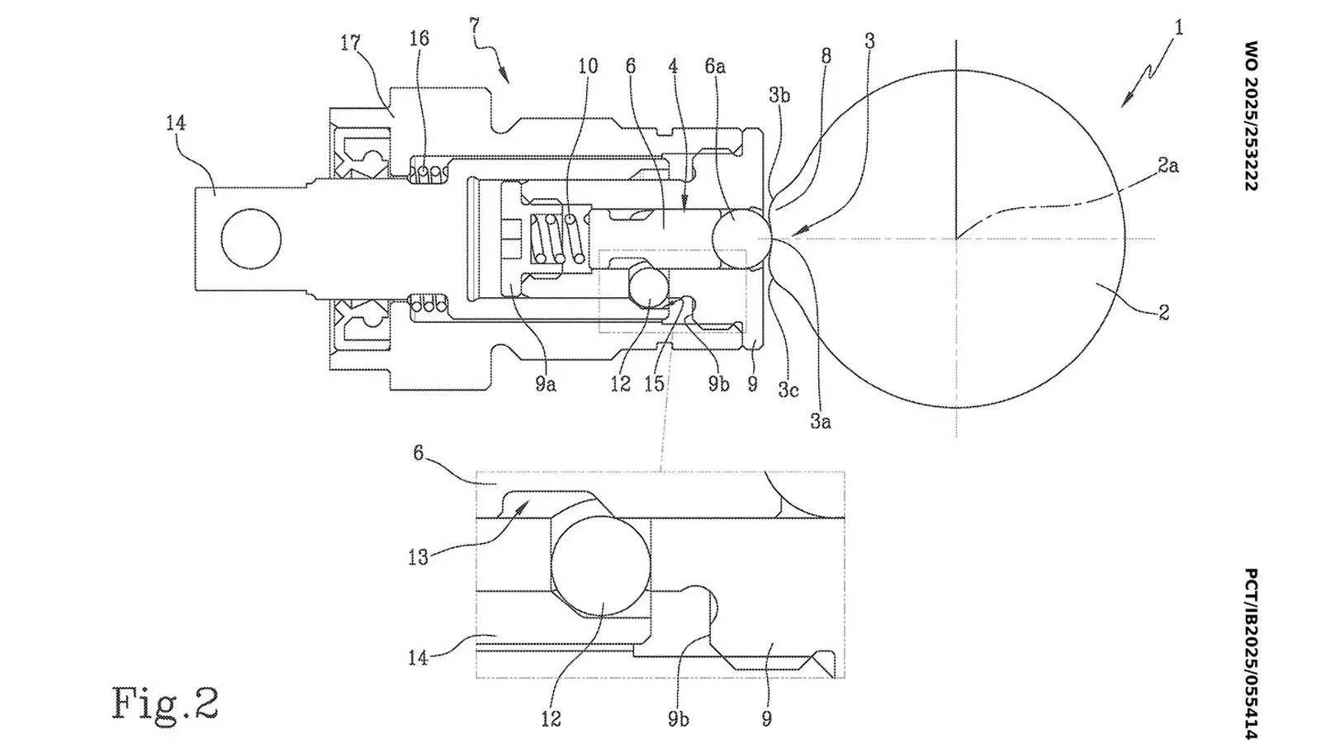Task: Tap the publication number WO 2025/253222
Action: [1251, 116]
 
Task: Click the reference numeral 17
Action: [350, 43]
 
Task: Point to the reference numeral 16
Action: [419, 38]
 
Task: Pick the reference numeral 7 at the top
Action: [475, 26]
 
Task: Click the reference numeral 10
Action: [588, 66]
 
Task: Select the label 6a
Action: [715, 66]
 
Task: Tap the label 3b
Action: [779, 94]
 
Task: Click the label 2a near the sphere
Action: [1168, 166]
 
